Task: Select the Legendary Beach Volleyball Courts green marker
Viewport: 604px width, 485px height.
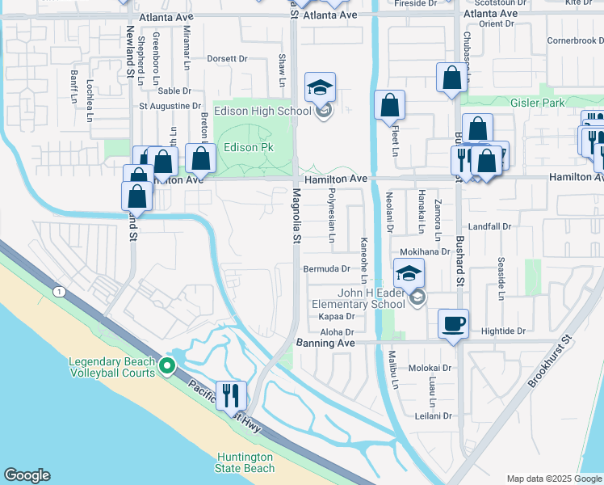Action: pyautogui.click(x=167, y=366)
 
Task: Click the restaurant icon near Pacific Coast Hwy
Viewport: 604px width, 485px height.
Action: pyautogui.click(x=232, y=395)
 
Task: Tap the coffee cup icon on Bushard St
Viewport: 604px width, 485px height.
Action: pyautogui.click(x=453, y=324)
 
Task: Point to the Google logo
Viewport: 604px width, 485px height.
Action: pyautogui.click(x=27, y=475)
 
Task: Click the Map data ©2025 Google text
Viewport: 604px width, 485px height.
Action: pyautogui.click(x=553, y=479)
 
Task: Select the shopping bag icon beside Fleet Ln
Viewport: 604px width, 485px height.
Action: pyautogui.click(x=390, y=105)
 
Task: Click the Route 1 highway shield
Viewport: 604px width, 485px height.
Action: pyautogui.click(x=58, y=290)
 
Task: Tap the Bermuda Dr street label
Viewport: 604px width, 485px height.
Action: pyautogui.click(x=326, y=268)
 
